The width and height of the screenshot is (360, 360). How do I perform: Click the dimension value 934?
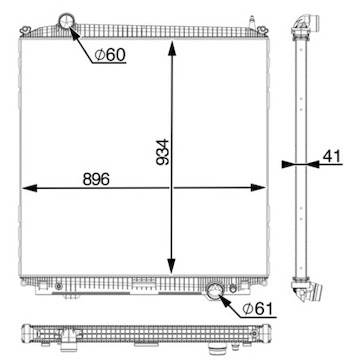163,152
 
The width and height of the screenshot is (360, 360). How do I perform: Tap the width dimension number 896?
96,180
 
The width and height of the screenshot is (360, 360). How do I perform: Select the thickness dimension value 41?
332,156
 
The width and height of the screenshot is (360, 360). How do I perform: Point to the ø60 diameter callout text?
110,55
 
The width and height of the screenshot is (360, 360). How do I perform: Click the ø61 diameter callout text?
258,309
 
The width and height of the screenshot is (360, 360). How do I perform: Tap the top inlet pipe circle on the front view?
67,21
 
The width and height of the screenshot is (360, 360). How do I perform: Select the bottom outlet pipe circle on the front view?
214,291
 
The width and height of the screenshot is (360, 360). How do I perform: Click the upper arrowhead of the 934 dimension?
172,49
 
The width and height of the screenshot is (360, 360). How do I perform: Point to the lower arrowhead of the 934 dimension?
171,266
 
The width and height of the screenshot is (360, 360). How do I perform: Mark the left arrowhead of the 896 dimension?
30,188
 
